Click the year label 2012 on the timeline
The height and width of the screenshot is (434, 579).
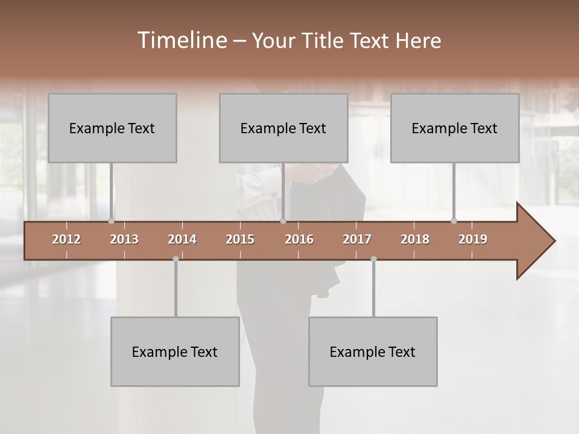(x=66, y=239)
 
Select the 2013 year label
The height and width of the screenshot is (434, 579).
(x=124, y=239)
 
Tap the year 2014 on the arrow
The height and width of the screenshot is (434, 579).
(x=182, y=239)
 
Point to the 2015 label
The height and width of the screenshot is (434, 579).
(x=240, y=239)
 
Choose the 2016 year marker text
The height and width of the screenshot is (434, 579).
(x=299, y=239)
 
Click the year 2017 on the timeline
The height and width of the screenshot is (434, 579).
(x=357, y=239)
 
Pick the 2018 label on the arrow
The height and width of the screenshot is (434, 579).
(x=415, y=239)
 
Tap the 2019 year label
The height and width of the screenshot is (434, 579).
(x=473, y=239)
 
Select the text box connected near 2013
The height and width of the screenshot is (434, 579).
(x=112, y=128)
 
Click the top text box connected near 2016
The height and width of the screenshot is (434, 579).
(x=283, y=128)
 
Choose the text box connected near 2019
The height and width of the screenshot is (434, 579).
(x=455, y=128)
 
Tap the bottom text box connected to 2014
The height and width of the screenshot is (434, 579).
(x=175, y=352)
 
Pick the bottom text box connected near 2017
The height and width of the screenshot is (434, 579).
(x=373, y=352)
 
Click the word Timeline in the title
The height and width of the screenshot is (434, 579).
(x=181, y=40)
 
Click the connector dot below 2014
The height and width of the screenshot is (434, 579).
(x=176, y=259)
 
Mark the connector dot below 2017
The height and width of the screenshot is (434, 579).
(x=373, y=259)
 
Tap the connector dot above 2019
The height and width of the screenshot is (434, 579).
(x=454, y=221)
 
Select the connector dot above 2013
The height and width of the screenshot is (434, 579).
(x=111, y=221)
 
